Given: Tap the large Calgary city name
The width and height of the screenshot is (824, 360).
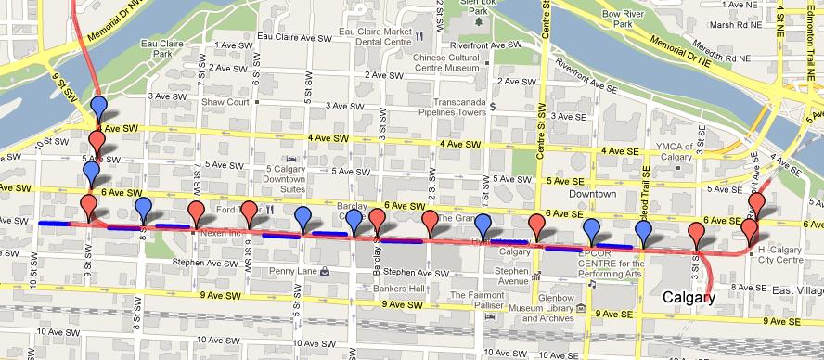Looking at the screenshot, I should pyautogui.click(x=689, y=298).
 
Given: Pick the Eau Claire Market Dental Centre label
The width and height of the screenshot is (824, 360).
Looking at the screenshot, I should pyautogui.click(x=376, y=36).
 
